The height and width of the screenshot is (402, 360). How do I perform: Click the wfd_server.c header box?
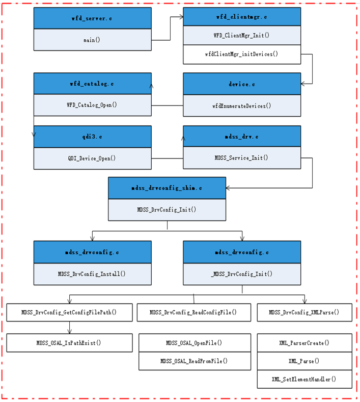coord(92,18)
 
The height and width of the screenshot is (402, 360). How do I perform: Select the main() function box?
coord(92,40)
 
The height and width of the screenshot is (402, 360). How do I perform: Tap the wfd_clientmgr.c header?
coord(241,17)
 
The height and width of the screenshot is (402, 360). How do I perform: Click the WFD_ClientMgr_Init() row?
coord(241,36)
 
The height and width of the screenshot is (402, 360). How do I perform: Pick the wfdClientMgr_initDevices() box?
coord(241,54)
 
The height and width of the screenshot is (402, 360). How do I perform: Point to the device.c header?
coord(241,84)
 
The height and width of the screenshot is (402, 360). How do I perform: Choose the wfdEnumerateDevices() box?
coord(241,105)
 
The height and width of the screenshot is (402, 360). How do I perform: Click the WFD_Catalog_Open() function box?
coord(92,105)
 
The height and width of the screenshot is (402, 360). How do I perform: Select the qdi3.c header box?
coord(92,137)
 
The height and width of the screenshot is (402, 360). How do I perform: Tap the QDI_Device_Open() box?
coord(92,158)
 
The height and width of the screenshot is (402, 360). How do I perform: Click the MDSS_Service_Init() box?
coord(241,158)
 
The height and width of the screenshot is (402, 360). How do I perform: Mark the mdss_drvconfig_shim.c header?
coord(167,188)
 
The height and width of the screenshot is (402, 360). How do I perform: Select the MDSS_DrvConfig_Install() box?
coord(92,274)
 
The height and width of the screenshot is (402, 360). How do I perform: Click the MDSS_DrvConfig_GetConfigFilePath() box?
coord(69,312)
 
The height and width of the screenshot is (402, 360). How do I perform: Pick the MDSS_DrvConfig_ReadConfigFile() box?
coord(193,312)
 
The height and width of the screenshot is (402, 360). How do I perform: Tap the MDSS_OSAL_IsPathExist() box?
coord(69,342)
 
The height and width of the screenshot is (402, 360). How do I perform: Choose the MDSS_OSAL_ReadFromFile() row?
coord(194,361)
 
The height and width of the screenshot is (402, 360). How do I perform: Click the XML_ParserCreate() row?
coord(304,342)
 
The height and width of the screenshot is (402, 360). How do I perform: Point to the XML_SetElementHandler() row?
coord(304,379)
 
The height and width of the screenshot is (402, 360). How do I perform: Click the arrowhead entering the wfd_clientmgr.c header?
coord(181,17)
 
